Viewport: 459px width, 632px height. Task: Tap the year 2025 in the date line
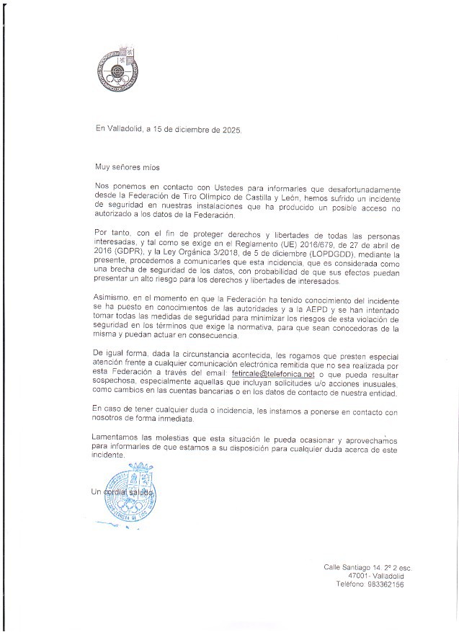(x=232, y=130)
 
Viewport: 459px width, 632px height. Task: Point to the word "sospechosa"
(x=117, y=384)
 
